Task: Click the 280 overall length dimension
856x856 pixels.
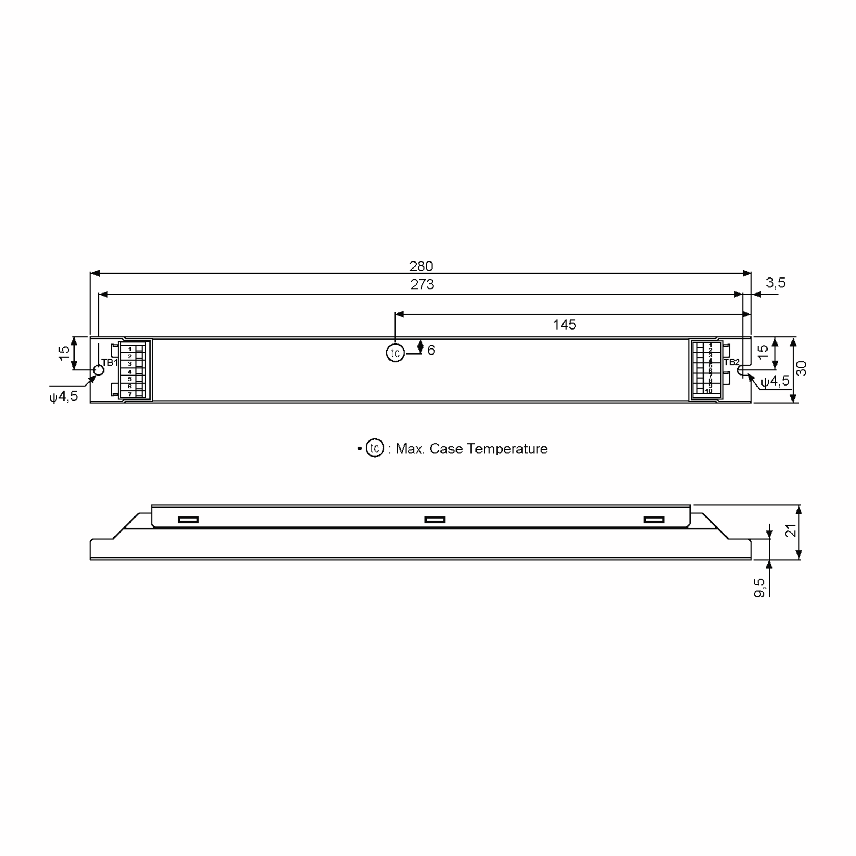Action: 421,266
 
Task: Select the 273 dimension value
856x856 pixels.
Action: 422,285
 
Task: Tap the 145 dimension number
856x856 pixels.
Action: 564,325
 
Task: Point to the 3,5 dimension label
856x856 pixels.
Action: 775,283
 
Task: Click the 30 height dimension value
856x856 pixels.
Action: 801,369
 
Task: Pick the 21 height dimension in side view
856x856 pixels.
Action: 791,530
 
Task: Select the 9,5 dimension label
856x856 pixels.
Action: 759,587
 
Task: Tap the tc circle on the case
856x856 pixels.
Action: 395,353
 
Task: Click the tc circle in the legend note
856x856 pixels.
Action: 374,448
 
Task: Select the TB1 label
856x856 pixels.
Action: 109,362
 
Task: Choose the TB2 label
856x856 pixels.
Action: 732,362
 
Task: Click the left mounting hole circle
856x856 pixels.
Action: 98,370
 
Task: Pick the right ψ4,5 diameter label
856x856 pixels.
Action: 775,381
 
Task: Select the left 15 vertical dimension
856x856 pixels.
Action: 65,353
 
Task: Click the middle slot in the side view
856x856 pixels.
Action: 435,520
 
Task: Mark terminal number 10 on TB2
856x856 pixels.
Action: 708,391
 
